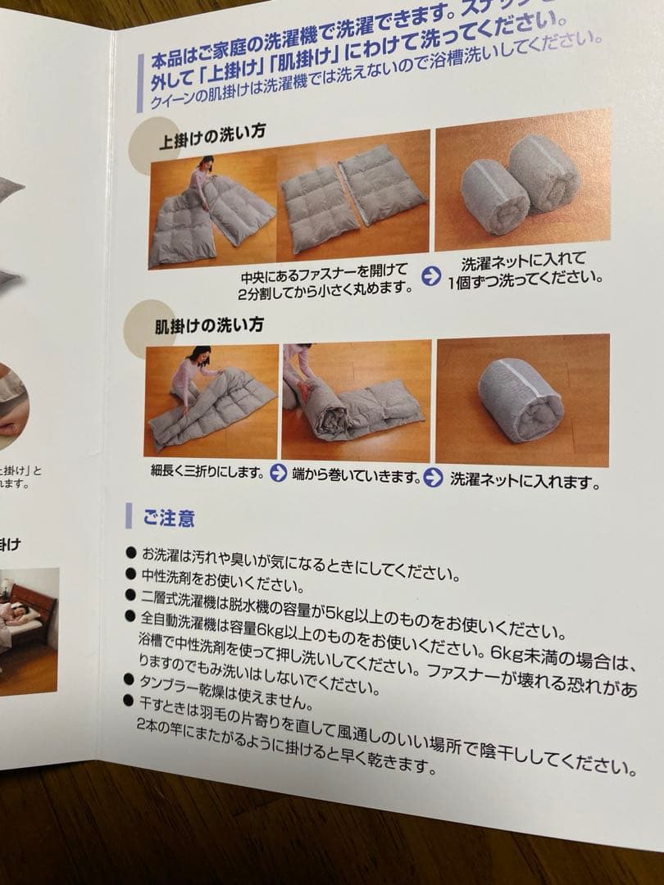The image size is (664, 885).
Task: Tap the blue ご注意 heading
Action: pos(168,518)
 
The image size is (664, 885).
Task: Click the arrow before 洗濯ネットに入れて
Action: pos(430,275)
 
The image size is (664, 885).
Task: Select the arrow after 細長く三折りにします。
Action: pos(278,474)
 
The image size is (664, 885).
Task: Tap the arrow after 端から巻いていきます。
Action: pos(433,476)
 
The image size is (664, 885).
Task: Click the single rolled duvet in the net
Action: pos(521,400)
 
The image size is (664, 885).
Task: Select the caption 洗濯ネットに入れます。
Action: pos(524,480)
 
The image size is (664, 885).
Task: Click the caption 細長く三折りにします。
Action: pos(207,472)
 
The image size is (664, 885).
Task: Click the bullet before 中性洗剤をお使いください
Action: pos(130,574)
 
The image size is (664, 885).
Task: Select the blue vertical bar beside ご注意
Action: pos(128,516)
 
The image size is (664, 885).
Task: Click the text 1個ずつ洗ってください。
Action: pos(525,279)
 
